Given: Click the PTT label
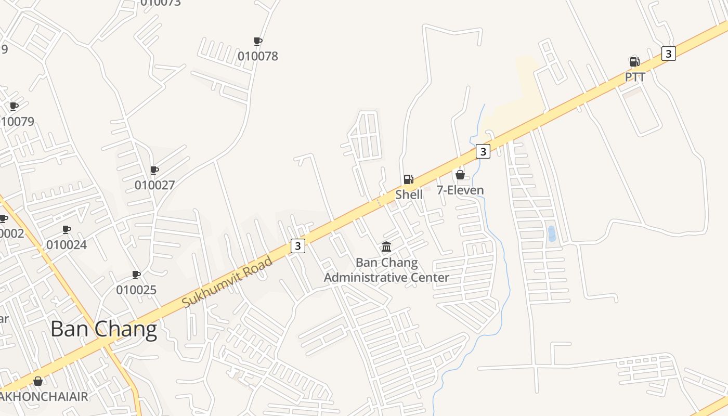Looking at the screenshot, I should coord(635,77).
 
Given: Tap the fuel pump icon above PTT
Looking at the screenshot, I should coord(634,62).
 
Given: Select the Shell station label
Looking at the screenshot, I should coord(409,194).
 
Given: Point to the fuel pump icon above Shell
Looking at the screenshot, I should coord(409,179).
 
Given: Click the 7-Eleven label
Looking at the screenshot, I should coord(460,190).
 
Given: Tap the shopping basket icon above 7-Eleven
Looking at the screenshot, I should coord(460,175).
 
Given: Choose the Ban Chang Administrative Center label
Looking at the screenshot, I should coord(386,270).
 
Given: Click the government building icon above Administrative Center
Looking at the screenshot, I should coord(386,246).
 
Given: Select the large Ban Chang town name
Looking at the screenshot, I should coord(103,329).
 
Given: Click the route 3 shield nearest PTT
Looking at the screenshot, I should coord(669,53).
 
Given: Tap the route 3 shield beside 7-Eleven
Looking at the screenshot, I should coord(483,151).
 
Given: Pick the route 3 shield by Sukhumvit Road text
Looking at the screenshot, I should coord(297,246).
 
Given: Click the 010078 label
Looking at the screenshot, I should coord(258,56).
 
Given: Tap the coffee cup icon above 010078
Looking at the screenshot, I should coord(257,41).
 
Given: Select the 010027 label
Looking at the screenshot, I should coord(154,185).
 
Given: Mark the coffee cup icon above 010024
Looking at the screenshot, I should coord(67,229).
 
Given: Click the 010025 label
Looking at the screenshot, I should coord(136,290).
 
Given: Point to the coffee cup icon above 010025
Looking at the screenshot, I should coord(136,275).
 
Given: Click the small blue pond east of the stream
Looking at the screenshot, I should coord(551,233).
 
